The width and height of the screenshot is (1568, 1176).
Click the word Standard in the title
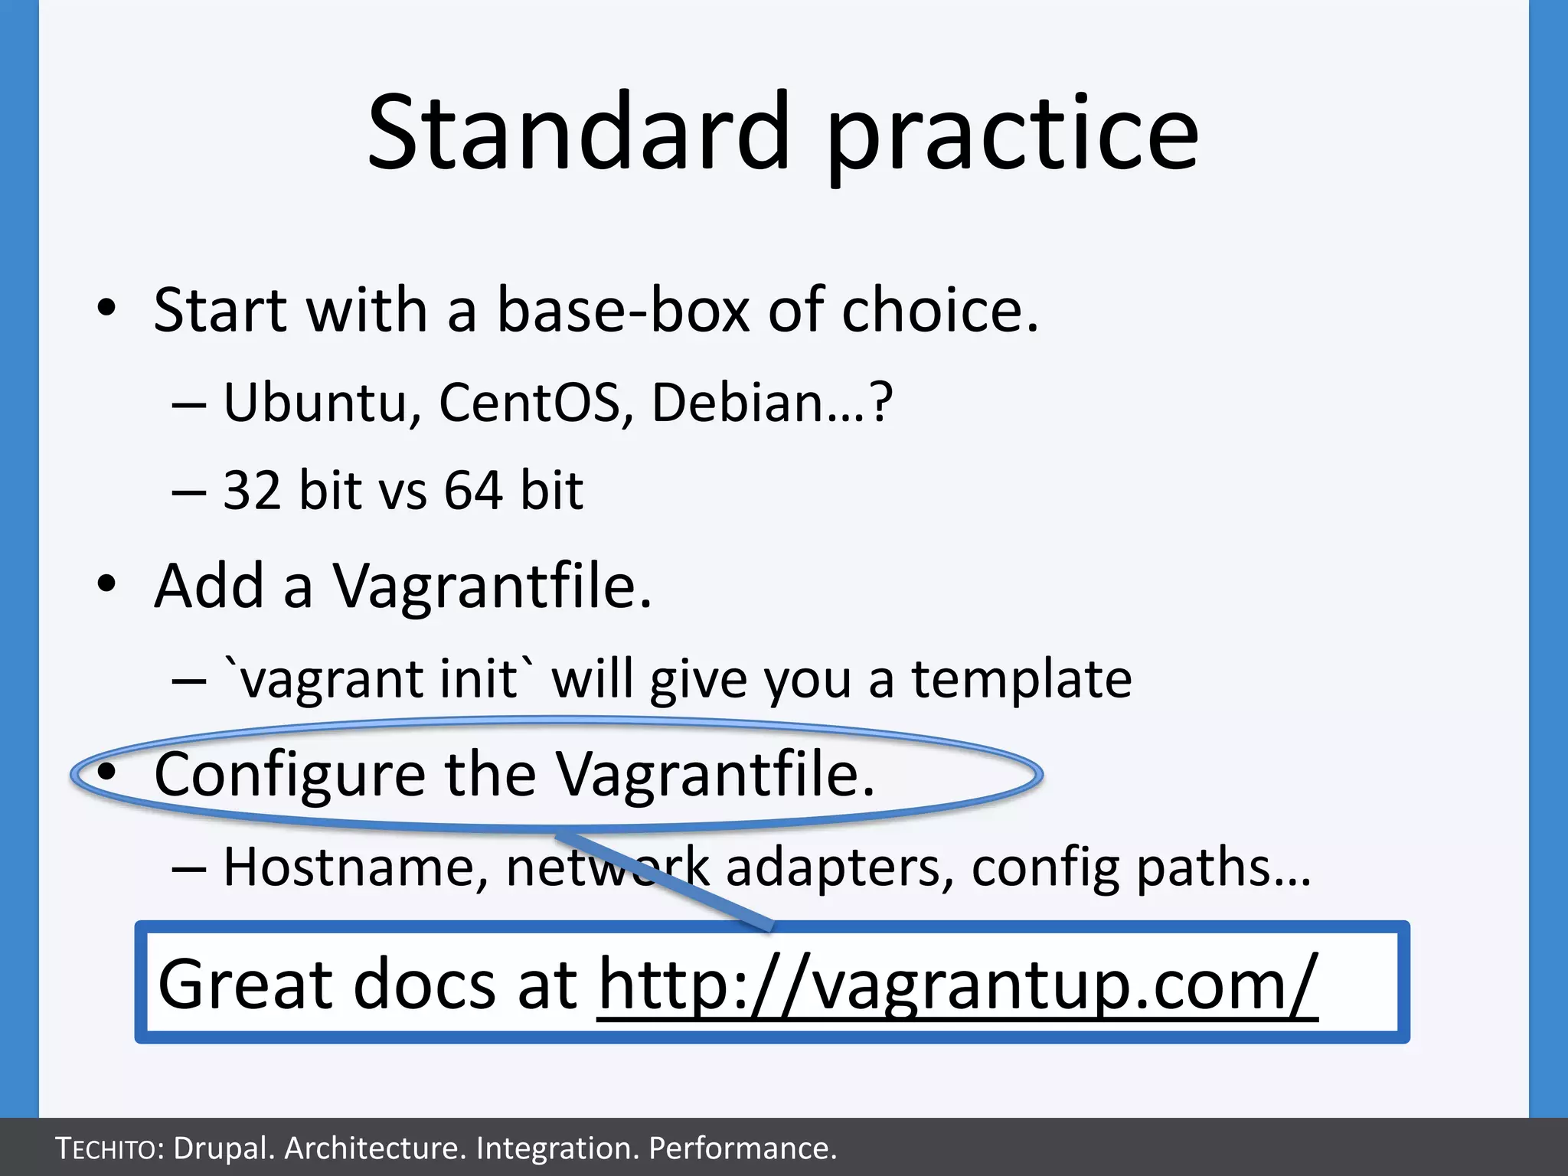click(578, 132)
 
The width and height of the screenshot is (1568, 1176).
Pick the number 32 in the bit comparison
click(251, 491)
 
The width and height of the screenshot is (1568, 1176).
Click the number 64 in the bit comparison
click(473, 491)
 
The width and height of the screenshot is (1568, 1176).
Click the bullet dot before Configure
click(106, 773)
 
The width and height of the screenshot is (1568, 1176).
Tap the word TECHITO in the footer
click(106, 1148)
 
